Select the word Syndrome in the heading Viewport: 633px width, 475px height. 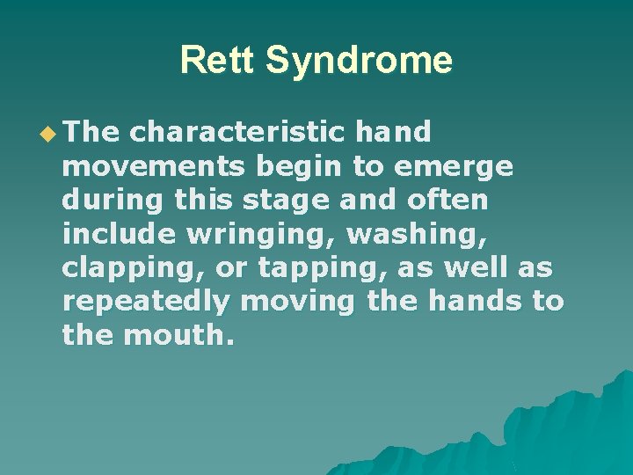pyautogui.click(x=359, y=62)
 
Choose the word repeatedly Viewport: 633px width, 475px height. pyautogui.click(x=146, y=301)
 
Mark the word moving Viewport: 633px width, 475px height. pyautogui.click(x=298, y=301)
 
